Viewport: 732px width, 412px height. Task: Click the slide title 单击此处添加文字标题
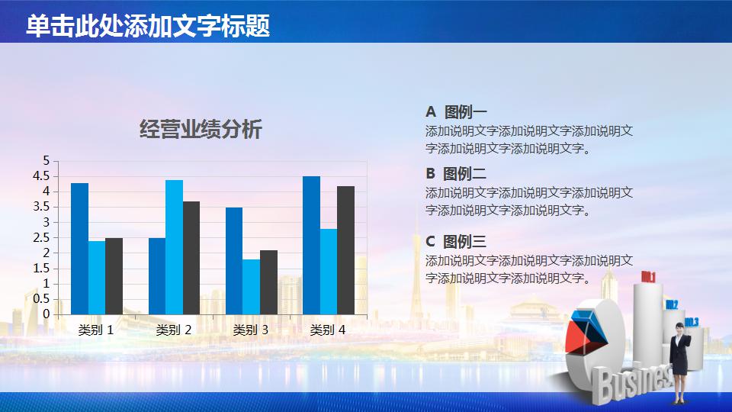148,26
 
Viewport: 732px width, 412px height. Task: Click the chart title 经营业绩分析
201,130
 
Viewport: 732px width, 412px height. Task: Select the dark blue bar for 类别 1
79,249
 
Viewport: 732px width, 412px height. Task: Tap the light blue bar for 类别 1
97,278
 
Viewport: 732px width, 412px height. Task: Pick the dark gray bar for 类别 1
114,276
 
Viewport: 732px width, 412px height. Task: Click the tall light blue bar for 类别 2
174,247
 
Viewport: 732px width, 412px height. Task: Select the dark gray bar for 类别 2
191,258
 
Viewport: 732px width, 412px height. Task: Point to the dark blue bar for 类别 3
234,261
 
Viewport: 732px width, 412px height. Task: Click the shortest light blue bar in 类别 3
251,287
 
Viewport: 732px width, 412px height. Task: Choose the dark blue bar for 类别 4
311,246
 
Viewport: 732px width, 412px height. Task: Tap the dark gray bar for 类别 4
345,250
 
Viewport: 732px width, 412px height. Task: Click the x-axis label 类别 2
174,330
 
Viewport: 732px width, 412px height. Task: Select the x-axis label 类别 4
328,330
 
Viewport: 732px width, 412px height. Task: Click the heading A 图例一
456,111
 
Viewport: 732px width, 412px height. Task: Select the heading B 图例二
456,173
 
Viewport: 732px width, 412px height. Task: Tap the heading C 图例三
456,242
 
